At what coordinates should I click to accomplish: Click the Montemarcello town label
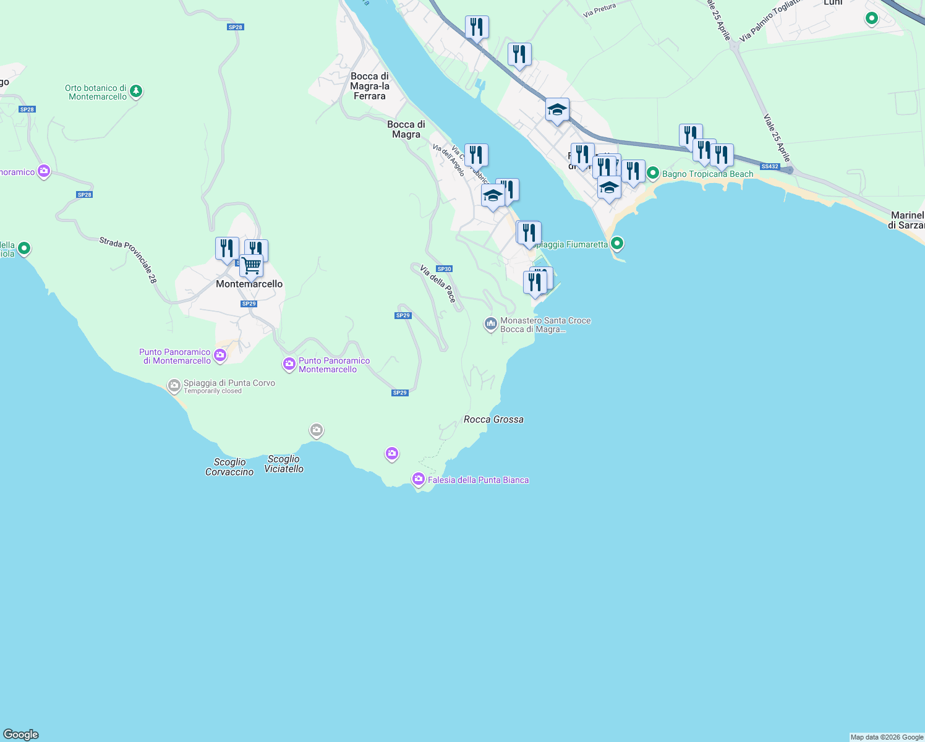[249, 284]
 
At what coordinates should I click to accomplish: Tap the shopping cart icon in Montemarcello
[252, 266]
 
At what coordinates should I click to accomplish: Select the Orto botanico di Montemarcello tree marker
[136, 92]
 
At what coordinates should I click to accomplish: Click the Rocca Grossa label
[493, 419]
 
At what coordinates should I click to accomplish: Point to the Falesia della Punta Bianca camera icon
[419, 479]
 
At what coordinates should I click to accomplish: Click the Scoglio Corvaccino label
[229, 467]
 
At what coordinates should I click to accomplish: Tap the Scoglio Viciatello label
[284, 464]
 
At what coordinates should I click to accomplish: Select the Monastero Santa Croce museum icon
[491, 324]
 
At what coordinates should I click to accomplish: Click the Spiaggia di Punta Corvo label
[229, 383]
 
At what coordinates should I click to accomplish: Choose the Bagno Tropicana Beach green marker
[653, 174]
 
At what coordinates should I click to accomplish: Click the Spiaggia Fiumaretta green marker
[616, 244]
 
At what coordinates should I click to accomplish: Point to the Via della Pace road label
[438, 284]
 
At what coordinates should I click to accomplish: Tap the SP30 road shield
[444, 269]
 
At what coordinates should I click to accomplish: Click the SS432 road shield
[770, 166]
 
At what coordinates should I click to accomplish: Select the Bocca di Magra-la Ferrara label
[369, 86]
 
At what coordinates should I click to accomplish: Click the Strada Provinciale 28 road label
[129, 260]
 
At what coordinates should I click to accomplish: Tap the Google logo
[21, 735]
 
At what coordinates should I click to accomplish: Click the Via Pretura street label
[600, 11]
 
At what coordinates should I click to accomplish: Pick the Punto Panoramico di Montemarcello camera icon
[220, 355]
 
